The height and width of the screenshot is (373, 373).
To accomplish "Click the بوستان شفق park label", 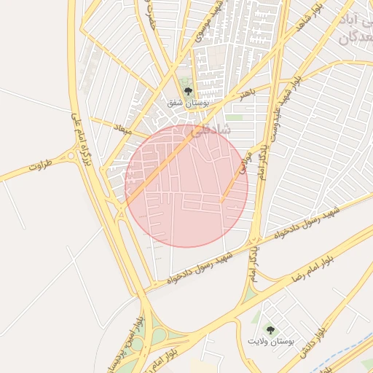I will coord(189,103).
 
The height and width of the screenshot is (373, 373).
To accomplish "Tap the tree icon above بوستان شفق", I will coord(189,91).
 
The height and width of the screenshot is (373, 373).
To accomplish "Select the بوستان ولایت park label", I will coord(270,342).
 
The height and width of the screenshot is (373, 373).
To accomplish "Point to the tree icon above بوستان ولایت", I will coord(270,330).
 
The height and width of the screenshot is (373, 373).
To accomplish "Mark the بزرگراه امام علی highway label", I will coord(82,138).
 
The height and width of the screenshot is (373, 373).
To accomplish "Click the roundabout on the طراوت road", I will coord(71,155).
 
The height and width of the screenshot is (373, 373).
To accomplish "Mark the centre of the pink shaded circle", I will coord(186,186).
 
